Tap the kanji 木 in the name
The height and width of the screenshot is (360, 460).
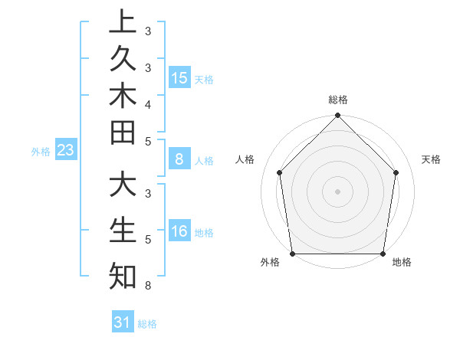point(123,97)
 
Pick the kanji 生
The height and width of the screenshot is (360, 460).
point(123,230)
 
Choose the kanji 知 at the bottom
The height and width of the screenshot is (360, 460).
point(123,275)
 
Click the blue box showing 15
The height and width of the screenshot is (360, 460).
point(179,78)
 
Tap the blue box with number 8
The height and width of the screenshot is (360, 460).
point(179,160)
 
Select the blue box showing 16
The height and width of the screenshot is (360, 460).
point(179,232)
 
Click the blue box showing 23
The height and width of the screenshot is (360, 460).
point(66,151)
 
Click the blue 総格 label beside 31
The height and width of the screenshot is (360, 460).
point(147,324)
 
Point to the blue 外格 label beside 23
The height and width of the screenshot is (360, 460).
point(41,152)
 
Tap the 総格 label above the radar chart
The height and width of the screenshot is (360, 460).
point(338,100)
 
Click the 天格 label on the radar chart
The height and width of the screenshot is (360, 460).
point(432,159)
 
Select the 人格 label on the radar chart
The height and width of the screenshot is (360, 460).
point(245,159)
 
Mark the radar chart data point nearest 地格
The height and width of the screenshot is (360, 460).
point(383,254)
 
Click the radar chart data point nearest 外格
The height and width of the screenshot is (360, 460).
point(292,254)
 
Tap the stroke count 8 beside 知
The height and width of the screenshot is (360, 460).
point(147,286)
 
